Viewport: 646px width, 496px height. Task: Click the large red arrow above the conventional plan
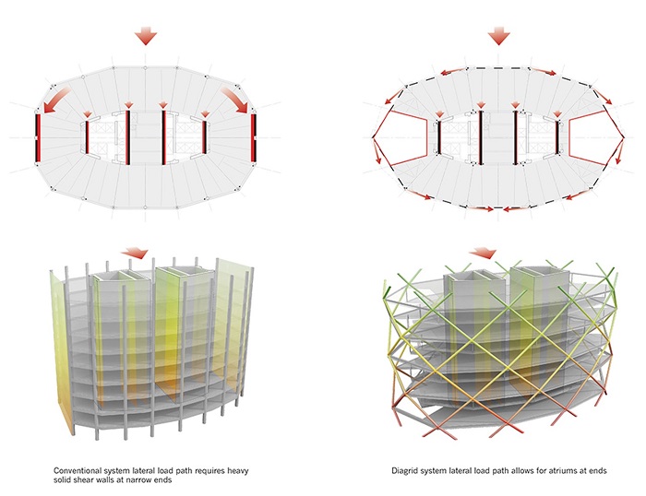tap(146, 36)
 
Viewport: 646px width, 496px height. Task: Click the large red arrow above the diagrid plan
tap(499, 36)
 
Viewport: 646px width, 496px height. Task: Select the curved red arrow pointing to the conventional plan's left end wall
tap(56, 100)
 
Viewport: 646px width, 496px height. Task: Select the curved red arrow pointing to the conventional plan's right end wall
tap(234, 100)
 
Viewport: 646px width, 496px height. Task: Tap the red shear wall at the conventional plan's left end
tap(38, 138)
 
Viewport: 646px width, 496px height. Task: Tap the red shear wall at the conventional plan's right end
tap(254, 138)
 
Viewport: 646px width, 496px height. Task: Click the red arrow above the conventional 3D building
tap(135, 253)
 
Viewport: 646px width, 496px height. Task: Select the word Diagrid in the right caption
tap(402, 470)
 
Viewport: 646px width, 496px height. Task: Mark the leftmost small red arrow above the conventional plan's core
tap(87, 114)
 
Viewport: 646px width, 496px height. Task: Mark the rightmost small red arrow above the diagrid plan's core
tap(558, 114)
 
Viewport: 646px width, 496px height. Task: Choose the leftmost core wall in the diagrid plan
tap(439, 137)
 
